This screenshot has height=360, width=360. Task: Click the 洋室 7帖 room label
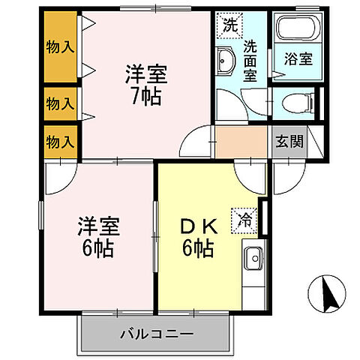tap(144, 85)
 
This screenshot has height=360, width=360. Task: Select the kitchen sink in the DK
tap(254, 259)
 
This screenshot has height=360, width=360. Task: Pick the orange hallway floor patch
tap(241, 140)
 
